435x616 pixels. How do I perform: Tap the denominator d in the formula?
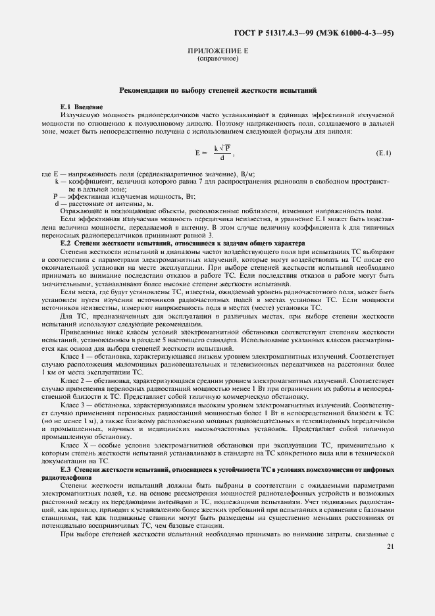[x=222, y=158]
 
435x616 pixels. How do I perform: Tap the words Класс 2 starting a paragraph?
[x=73, y=381]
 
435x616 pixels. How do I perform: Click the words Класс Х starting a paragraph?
[x=74, y=446]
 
